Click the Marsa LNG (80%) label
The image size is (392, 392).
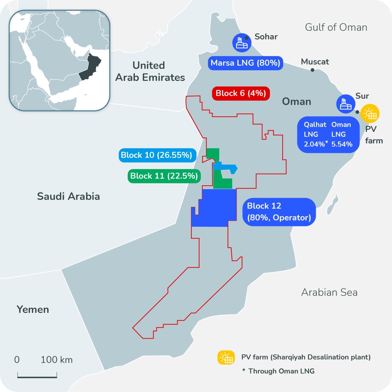pyautogui.click(x=245, y=63)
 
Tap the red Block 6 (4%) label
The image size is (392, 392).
pyautogui.click(x=240, y=94)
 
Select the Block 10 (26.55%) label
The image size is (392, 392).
pyautogui.click(x=156, y=155)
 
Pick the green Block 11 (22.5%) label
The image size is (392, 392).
pyautogui.click(x=164, y=176)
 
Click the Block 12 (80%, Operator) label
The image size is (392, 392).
pyautogui.click(x=279, y=212)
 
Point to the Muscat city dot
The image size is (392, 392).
pyautogui.click(x=312, y=70)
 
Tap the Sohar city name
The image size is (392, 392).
pyautogui.click(x=266, y=37)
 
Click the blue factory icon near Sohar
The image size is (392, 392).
pyautogui.click(x=242, y=43)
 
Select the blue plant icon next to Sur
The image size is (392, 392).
pyautogui.click(x=345, y=104)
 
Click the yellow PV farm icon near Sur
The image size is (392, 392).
pyautogui.click(x=370, y=113)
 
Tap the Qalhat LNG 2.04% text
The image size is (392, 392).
pyautogui.click(x=315, y=134)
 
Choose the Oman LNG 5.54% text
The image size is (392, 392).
pyautogui.click(x=341, y=134)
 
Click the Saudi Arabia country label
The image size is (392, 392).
pyautogui.click(x=69, y=196)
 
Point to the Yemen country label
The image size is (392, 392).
pyautogui.click(x=33, y=310)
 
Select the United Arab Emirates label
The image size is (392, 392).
pyautogui.click(x=150, y=71)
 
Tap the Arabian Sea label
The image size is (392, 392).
pyautogui.click(x=329, y=292)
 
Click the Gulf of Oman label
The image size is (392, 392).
pyautogui.click(x=336, y=27)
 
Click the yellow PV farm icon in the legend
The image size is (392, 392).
pyautogui.click(x=226, y=358)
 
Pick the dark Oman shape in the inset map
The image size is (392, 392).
pyautogui.click(x=90, y=67)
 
